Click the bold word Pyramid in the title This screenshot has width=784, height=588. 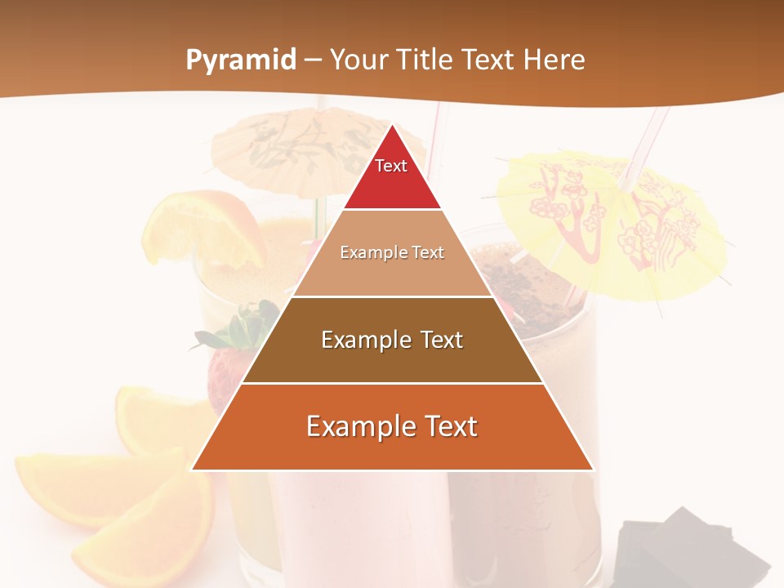pos(241,60)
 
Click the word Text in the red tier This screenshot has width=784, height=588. pos(391,166)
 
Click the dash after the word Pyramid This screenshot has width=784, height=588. pos(313,60)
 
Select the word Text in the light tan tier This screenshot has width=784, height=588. pos(425,252)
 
